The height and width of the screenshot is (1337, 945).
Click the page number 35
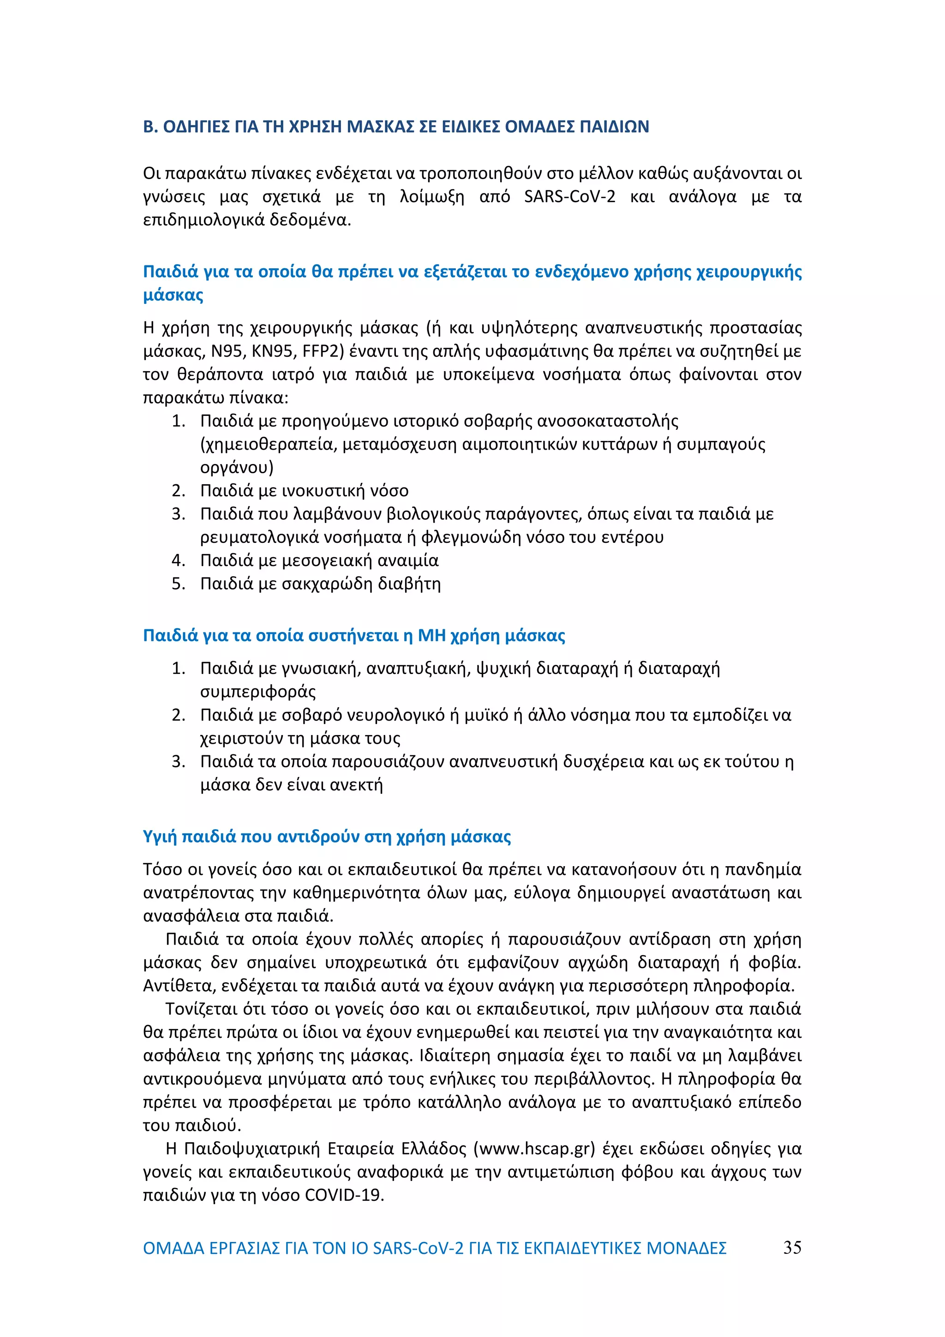pos(792,1248)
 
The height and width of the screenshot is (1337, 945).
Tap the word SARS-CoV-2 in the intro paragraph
pos(569,197)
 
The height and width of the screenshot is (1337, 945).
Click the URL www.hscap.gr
pos(534,1148)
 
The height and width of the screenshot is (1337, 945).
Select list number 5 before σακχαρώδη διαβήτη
pos(178,584)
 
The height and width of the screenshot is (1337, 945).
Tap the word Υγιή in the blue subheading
pos(160,837)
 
